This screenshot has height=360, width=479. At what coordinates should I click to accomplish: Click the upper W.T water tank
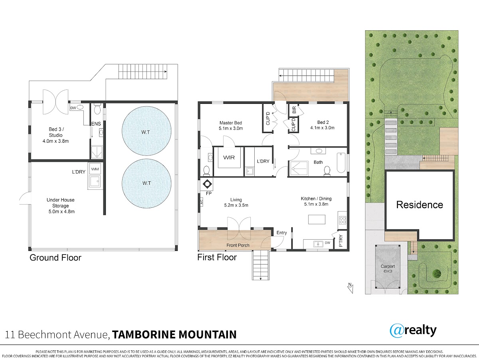click(x=146, y=131)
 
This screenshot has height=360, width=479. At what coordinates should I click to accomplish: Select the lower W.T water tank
click(x=146, y=183)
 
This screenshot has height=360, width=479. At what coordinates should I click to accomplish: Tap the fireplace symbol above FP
click(x=207, y=184)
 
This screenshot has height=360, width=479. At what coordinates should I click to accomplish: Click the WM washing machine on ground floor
click(x=95, y=169)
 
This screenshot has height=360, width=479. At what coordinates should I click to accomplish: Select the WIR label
click(x=229, y=157)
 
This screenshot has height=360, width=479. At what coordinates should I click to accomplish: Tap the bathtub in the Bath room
click(x=341, y=163)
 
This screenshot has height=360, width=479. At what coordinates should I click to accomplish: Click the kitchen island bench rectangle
click(x=317, y=219)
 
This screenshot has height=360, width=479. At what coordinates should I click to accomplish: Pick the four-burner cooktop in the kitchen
click(x=342, y=220)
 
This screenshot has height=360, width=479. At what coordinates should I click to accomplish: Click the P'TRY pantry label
click(x=341, y=241)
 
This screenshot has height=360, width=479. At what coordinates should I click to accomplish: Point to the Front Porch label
click(x=238, y=245)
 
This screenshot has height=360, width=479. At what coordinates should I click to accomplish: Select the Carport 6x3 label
click(x=388, y=269)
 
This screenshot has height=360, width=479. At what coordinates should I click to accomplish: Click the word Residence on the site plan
click(x=420, y=205)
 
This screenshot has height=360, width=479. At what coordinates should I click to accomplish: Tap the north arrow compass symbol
click(x=350, y=288)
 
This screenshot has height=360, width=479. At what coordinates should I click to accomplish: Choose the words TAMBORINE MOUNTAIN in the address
click(x=174, y=334)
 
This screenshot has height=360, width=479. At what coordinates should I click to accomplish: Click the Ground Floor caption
click(x=55, y=258)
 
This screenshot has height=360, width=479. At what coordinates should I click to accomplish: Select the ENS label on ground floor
click(x=96, y=123)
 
